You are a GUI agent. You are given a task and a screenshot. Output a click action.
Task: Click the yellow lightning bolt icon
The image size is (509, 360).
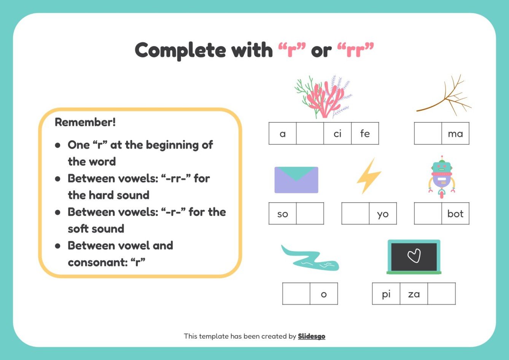pyautogui.click(x=368, y=176)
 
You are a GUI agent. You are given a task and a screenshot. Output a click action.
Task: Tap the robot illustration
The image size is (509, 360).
pyautogui.click(x=441, y=177)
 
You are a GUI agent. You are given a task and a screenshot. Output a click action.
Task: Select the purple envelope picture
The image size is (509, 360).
pyautogui.click(x=296, y=180)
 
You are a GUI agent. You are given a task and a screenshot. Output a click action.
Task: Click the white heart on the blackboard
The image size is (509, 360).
pyautogui.click(x=414, y=256)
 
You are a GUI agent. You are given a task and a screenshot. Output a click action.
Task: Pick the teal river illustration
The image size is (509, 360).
pyautogui.click(x=309, y=259)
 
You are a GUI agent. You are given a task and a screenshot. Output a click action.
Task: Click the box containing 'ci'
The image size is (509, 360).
pyautogui.click(x=337, y=134)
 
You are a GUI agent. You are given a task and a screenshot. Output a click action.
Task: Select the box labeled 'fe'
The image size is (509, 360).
pyautogui.click(x=365, y=134)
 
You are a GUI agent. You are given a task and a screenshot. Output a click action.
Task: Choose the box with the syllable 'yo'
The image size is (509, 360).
pyautogui.click(x=383, y=213)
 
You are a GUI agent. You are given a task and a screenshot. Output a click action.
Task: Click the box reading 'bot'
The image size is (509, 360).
pyautogui.click(x=455, y=213)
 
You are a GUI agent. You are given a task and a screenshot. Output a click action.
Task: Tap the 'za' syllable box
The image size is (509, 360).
pyautogui.click(x=414, y=294)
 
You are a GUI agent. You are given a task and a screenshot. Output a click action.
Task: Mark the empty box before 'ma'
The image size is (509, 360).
pyautogui.click(x=428, y=134)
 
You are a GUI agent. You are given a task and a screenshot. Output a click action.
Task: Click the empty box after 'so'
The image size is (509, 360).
pyautogui.click(x=310, y=213)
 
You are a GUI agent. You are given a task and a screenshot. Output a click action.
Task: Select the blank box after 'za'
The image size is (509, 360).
pyautogui.click(x=441, y=294)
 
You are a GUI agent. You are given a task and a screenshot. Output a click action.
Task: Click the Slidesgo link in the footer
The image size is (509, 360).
pyautogui.click(x=312, y=336)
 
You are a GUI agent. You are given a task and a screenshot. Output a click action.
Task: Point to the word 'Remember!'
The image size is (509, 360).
pyautogui.click(x=85, y=122)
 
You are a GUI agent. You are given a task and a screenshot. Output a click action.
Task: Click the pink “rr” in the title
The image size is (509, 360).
pyautogui.click(x=356, y=50)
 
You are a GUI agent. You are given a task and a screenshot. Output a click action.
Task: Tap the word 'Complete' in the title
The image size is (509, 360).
pyautogui.click(x=180, y=50)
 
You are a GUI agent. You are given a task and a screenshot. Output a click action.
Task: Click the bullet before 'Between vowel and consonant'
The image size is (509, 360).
pyautogui.click(x=58, y=246)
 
